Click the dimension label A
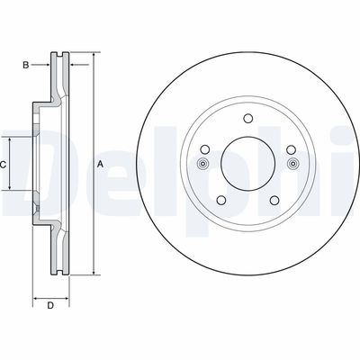point(101,163)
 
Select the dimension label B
point(27,64)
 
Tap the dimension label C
point(4,165)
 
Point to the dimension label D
point(51,306)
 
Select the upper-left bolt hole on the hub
point(205,149)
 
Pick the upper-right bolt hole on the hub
point(289,149)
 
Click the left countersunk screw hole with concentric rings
point(202,164)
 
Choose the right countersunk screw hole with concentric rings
point(292,164)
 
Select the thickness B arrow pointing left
point(72,64)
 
